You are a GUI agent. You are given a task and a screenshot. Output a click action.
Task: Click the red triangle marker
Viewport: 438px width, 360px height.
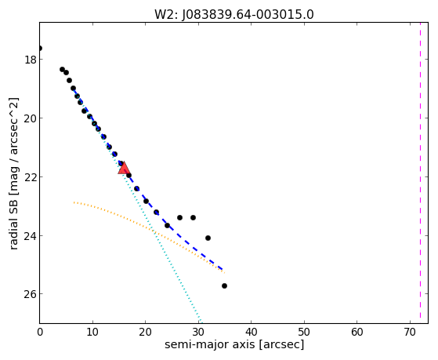click(x=124, y=168)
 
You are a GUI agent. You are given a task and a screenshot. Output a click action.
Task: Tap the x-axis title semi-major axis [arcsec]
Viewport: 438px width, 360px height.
click(x=234, y=344)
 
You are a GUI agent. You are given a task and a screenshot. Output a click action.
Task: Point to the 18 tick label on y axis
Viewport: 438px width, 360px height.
click(x=31, y=60)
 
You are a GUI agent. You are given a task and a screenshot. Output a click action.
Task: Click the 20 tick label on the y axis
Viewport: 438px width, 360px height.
click(x=31, y=118)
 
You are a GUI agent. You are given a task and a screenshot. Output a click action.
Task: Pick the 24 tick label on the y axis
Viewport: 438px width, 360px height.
click(x=31, y=236)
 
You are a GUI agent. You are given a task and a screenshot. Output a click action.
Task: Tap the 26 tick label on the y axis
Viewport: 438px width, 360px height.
click(x=31, y=294)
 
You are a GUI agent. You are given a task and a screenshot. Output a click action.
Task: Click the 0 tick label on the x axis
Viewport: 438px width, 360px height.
click(x=40, y=332)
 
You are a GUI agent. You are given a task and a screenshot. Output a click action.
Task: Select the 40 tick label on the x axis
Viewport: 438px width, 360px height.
click(x=251, y=332)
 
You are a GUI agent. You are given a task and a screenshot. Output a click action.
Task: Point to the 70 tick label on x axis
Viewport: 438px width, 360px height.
click(x=410, y=332)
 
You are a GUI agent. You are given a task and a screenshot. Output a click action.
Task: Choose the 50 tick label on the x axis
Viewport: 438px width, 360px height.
click(x=304, y=332)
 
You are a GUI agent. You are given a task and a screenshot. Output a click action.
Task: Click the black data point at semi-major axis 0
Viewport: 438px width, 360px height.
click(x=40, y=49)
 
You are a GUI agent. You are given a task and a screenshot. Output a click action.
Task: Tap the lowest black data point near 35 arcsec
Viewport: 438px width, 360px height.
click(x=224, y=285)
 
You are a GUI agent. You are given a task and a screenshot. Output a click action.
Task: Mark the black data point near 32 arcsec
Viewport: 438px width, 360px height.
click(x=208, y=238)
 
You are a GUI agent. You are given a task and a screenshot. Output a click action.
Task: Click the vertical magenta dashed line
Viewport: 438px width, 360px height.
click(x=420, y=173)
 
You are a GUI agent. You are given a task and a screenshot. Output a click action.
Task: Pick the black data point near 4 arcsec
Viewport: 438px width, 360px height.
click(x=62, y=69)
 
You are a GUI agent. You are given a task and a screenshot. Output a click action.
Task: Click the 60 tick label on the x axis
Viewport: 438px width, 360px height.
click(x=357, y=332)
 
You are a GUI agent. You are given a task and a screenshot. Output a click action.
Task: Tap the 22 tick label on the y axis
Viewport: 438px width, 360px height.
click(x=31, y=177)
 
